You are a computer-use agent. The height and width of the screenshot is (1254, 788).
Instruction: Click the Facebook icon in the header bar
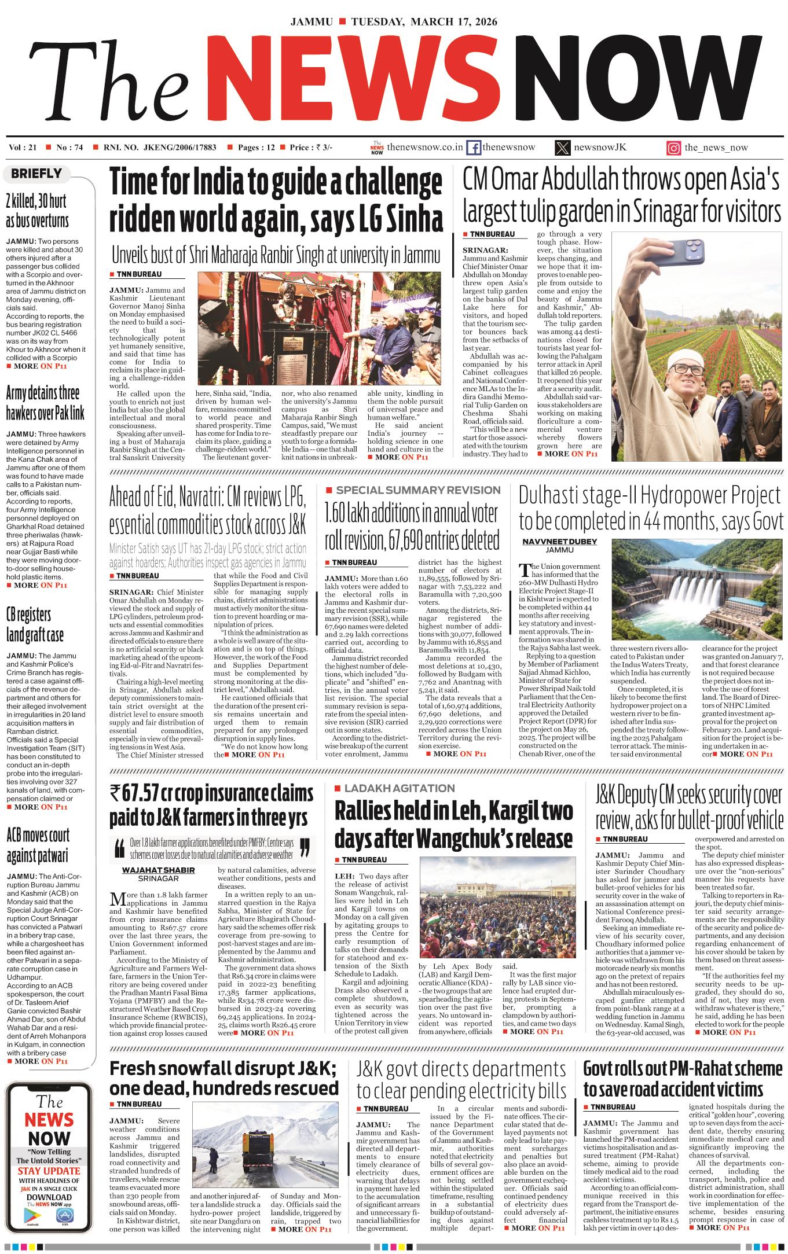tap(473, 148)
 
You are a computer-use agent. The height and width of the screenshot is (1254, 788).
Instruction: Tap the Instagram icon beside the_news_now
tap(673, 148)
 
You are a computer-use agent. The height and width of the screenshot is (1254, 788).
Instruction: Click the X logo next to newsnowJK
tap(562, 148)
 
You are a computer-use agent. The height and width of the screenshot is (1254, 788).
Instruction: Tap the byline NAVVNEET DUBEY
tap(559, 542)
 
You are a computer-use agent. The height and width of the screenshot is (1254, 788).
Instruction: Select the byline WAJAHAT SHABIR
tap(158, 870)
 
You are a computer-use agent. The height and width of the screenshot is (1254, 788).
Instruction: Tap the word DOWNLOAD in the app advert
tap(49, 1197)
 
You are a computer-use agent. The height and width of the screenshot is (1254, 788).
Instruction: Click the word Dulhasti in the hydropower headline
tap(551, 495)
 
